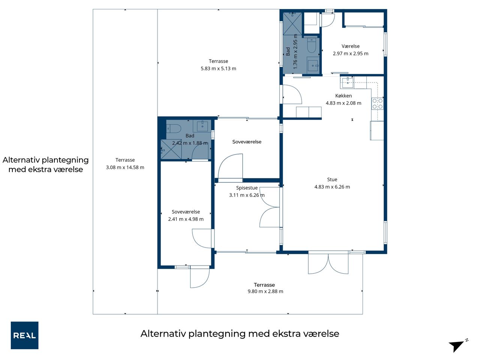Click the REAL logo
24,335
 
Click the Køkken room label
343,96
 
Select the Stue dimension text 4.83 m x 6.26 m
332,187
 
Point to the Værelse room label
351,46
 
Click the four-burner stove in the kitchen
378,103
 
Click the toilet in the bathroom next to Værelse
312,45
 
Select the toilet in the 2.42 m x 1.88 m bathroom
174,129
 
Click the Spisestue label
247,188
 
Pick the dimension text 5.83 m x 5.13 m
218,68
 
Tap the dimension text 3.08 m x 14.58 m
125,167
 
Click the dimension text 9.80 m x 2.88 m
265,291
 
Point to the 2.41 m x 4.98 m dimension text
186,219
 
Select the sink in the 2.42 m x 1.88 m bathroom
202,126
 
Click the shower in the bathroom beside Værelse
292,24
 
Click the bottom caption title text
240,333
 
